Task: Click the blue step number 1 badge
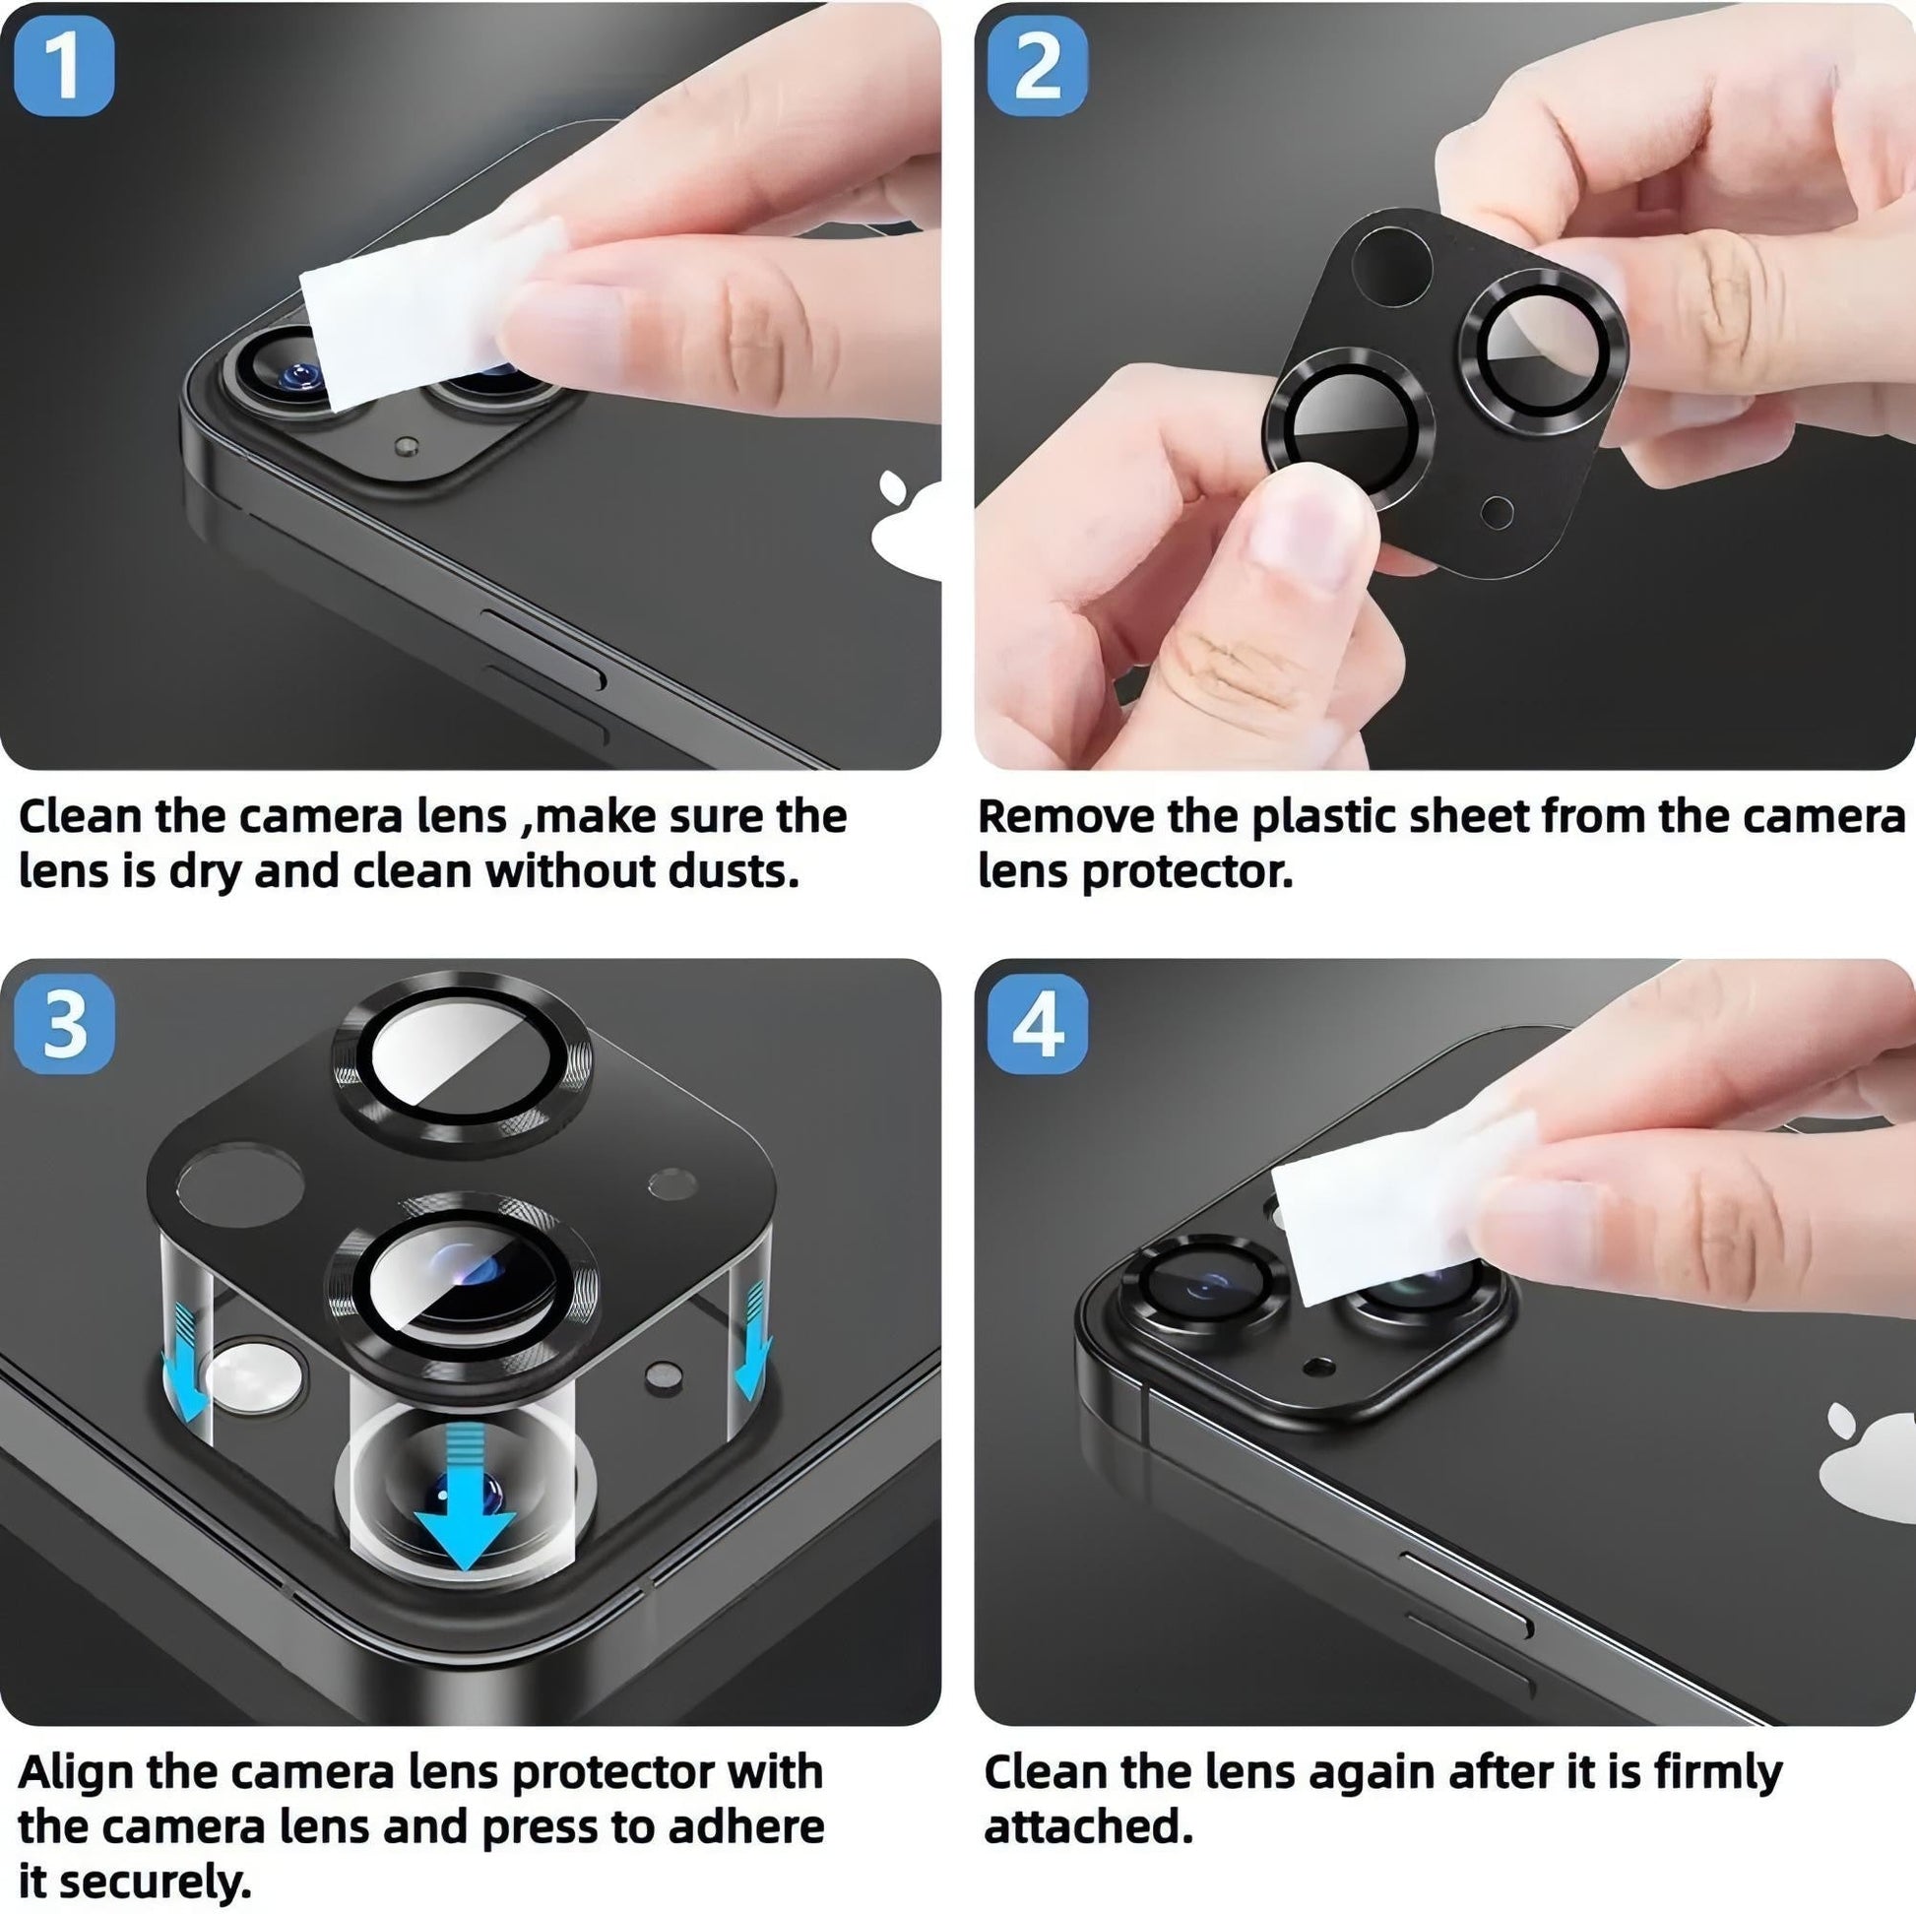coord(64,65)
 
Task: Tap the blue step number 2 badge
coord(1038,65)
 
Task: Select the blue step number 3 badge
coord(64,1023)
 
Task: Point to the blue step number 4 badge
coord(1038,1023)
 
